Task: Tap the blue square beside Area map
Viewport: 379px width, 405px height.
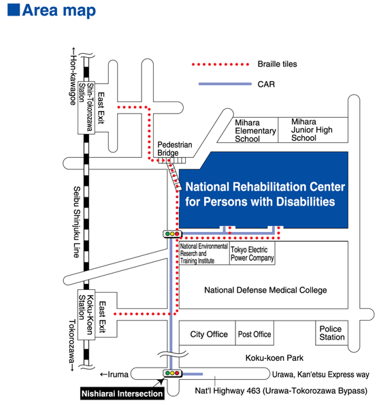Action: tap(14, 10)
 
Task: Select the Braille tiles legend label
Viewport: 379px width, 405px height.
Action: tap(277, 64)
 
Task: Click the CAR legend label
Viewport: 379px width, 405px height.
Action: tap(266, 84)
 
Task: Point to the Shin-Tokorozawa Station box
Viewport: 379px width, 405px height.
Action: tap(86, 108)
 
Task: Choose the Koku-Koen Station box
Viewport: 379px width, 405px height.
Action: tap(86, 315)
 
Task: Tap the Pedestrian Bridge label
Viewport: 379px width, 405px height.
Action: tap(175, 148)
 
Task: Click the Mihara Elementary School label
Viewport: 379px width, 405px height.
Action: tap(255, 131)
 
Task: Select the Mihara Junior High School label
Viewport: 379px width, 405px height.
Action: tap(312, 129)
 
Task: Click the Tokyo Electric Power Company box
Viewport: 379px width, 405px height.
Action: tap(252, 253)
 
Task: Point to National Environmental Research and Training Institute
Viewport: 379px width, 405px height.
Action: tap(204, 253)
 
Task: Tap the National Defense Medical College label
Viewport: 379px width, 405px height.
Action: tap(265, 290)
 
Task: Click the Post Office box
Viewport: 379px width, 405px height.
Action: tap(254, 334)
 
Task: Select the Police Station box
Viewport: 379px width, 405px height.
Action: tap(332, 333)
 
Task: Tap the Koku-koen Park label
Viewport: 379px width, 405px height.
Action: tap(274, 358)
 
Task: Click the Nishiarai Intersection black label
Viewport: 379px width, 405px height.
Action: tap(122, 393)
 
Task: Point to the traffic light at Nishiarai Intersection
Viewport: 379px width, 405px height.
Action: tap(172, 373)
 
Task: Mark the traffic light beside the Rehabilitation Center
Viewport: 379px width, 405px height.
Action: tap(172, 234)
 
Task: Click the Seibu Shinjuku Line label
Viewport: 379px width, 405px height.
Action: tap(77, 222)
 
